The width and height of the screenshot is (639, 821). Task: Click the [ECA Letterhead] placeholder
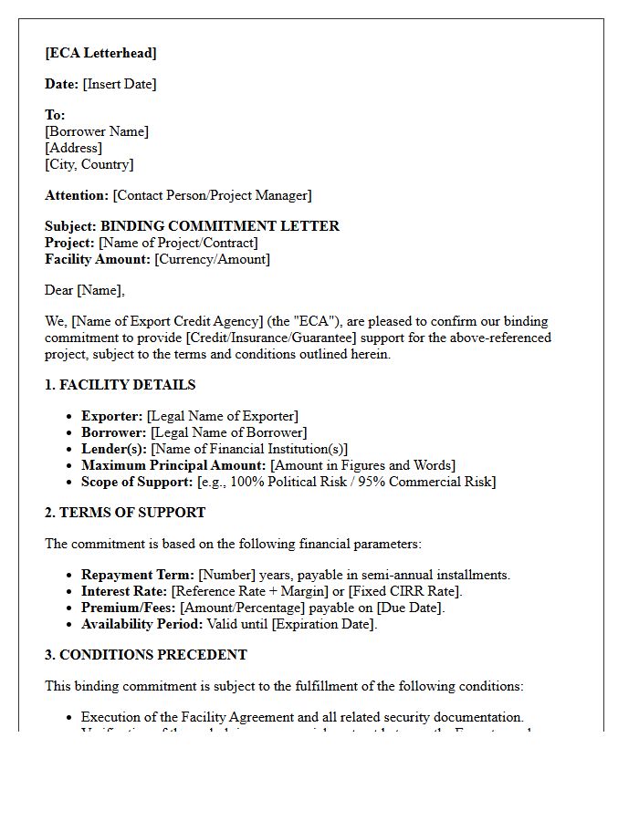[x=100, y=53]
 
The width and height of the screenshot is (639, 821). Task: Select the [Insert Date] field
[x=120, y=84]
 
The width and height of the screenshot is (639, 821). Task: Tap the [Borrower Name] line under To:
[x=97, y=131]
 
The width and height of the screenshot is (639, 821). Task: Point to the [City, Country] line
[x=89, y=164]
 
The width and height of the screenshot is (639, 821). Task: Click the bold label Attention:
[x=77, y=195]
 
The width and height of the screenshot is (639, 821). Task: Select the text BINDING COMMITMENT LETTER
[x=219, y=226]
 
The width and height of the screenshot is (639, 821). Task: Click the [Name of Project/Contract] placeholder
[x=178, y=243]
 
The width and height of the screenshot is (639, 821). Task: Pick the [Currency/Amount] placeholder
[x=212, y=259]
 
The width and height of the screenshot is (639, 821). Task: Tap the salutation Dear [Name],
[x=85, y=290]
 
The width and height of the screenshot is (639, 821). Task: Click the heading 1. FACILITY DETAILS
[x=120, y=385]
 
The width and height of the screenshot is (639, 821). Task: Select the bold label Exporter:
[x=111, y=416]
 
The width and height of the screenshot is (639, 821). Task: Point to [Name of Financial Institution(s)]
[x=249, y=449]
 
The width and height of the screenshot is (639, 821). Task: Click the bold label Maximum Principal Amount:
[x=173, y=465]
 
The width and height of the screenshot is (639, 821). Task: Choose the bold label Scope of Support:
[x=137, y=482]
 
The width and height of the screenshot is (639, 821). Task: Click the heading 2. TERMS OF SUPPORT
[x=125, y=513]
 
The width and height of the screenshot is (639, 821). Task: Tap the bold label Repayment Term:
[x=137, y=575]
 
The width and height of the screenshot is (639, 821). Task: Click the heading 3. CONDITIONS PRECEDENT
[x=146, y=655]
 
